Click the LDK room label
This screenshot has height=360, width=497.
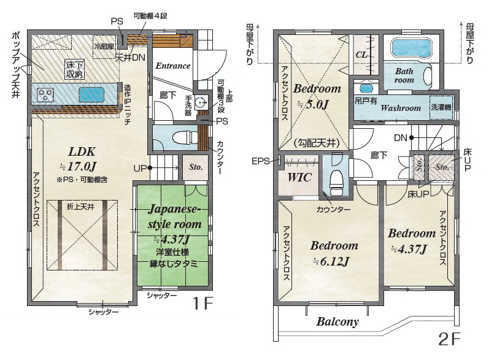point(82,152)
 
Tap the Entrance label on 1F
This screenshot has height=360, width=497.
point(173,66)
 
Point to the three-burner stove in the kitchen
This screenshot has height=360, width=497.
point(45,94)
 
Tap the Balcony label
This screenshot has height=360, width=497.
point(337,321)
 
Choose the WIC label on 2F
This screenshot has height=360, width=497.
point(299,177)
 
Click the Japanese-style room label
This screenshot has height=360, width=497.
point(175,216)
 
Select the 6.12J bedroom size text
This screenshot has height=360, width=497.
point(331,262)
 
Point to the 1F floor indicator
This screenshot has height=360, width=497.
point(203,304)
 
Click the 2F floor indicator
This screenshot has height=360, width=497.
point(449,339)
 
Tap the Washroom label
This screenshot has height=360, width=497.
point(401,108)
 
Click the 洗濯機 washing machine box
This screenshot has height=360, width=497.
point(441,107)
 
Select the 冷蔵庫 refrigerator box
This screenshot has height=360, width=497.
point(104,47)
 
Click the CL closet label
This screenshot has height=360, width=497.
point(361,55)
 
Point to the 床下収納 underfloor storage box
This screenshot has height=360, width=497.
point(75,70)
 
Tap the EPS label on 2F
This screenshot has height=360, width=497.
point(260,161)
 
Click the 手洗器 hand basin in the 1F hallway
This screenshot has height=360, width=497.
point(200,102)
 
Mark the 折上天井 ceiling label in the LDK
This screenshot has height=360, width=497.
point(80,207)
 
